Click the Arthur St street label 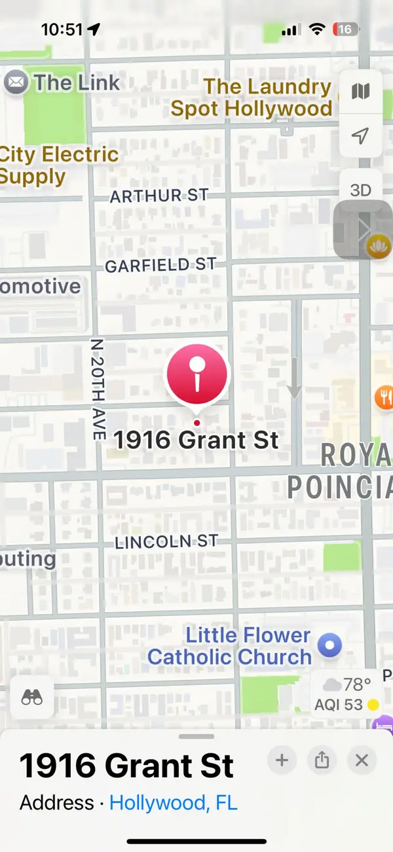click(x=159, y=196)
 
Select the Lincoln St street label click(x=166, y=542)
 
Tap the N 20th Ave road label click(x=98, y=389)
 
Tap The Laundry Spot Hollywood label click(x=252, y=98)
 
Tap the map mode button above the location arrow click(x=360, y=92)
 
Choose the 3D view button click(x=360, y=190)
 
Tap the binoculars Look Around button click(x=32, y=698)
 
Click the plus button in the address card click(x=282, y=760)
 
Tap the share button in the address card click(x=322, y=760)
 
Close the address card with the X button click(x=362, y=760)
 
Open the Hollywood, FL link click(x=173, y=802)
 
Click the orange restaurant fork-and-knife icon click(x=384, y=397)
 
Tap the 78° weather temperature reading click(x=358, y=685)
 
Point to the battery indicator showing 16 click(x=345, y=29)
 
